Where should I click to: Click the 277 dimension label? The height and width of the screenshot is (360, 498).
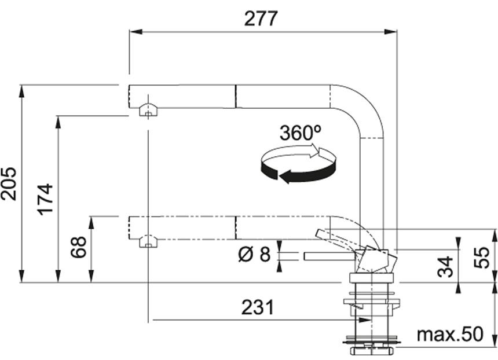[261, 19]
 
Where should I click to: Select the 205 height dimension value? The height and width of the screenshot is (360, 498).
[8, 184]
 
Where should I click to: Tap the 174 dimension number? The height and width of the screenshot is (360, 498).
[45, 200]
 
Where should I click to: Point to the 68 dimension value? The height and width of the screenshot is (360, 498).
[78, 247]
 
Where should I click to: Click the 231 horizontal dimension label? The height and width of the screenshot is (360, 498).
[257, 307]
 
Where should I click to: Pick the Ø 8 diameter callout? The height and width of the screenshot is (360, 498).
[254, 254]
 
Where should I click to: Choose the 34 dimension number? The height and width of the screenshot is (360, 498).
[445, 267]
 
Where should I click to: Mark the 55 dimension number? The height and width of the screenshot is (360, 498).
[481, 258]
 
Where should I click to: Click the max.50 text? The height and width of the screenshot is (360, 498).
[450, 334]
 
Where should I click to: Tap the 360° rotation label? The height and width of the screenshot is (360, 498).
[301, 133]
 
